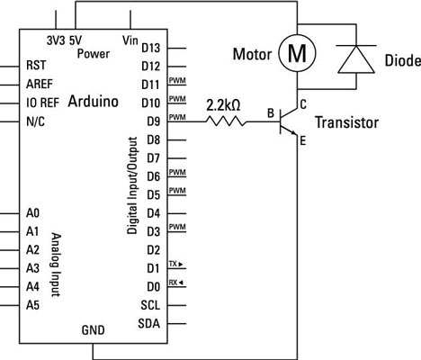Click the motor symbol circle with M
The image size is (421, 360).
click(295, 55)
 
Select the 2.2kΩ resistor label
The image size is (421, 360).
click(222, 104)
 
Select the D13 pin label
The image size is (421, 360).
click(150, 47)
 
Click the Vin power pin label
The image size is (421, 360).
click(130, 40)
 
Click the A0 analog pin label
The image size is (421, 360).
click(32, 213)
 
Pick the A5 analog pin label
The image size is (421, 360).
click(32, 305)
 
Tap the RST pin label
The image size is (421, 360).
click(35, 65)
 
